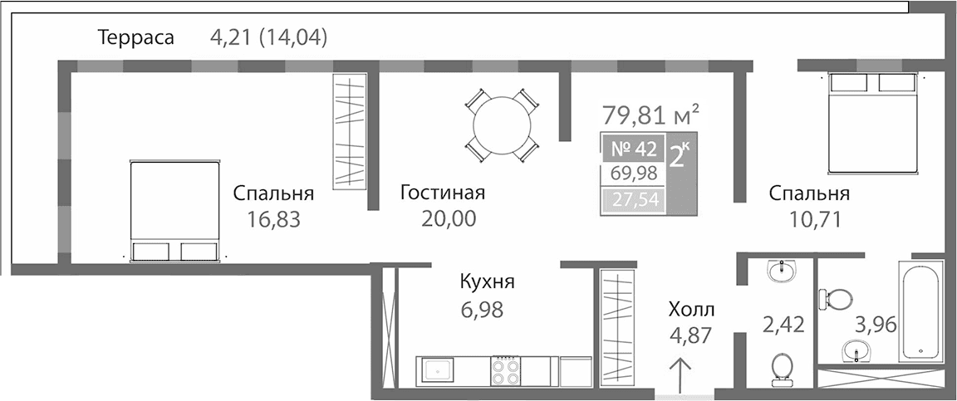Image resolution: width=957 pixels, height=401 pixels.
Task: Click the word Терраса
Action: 135,37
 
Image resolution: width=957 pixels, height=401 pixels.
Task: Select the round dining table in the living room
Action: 501,125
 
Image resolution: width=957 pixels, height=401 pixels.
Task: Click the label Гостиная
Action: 442,193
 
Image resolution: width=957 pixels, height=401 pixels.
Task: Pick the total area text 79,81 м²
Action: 650,112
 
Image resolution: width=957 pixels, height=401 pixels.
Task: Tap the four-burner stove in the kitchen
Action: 506,370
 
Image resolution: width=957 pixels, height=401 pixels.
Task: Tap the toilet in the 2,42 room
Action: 781,370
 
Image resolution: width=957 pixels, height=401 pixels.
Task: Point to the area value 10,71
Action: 808,220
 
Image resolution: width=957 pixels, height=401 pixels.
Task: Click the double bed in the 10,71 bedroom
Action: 875,123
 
